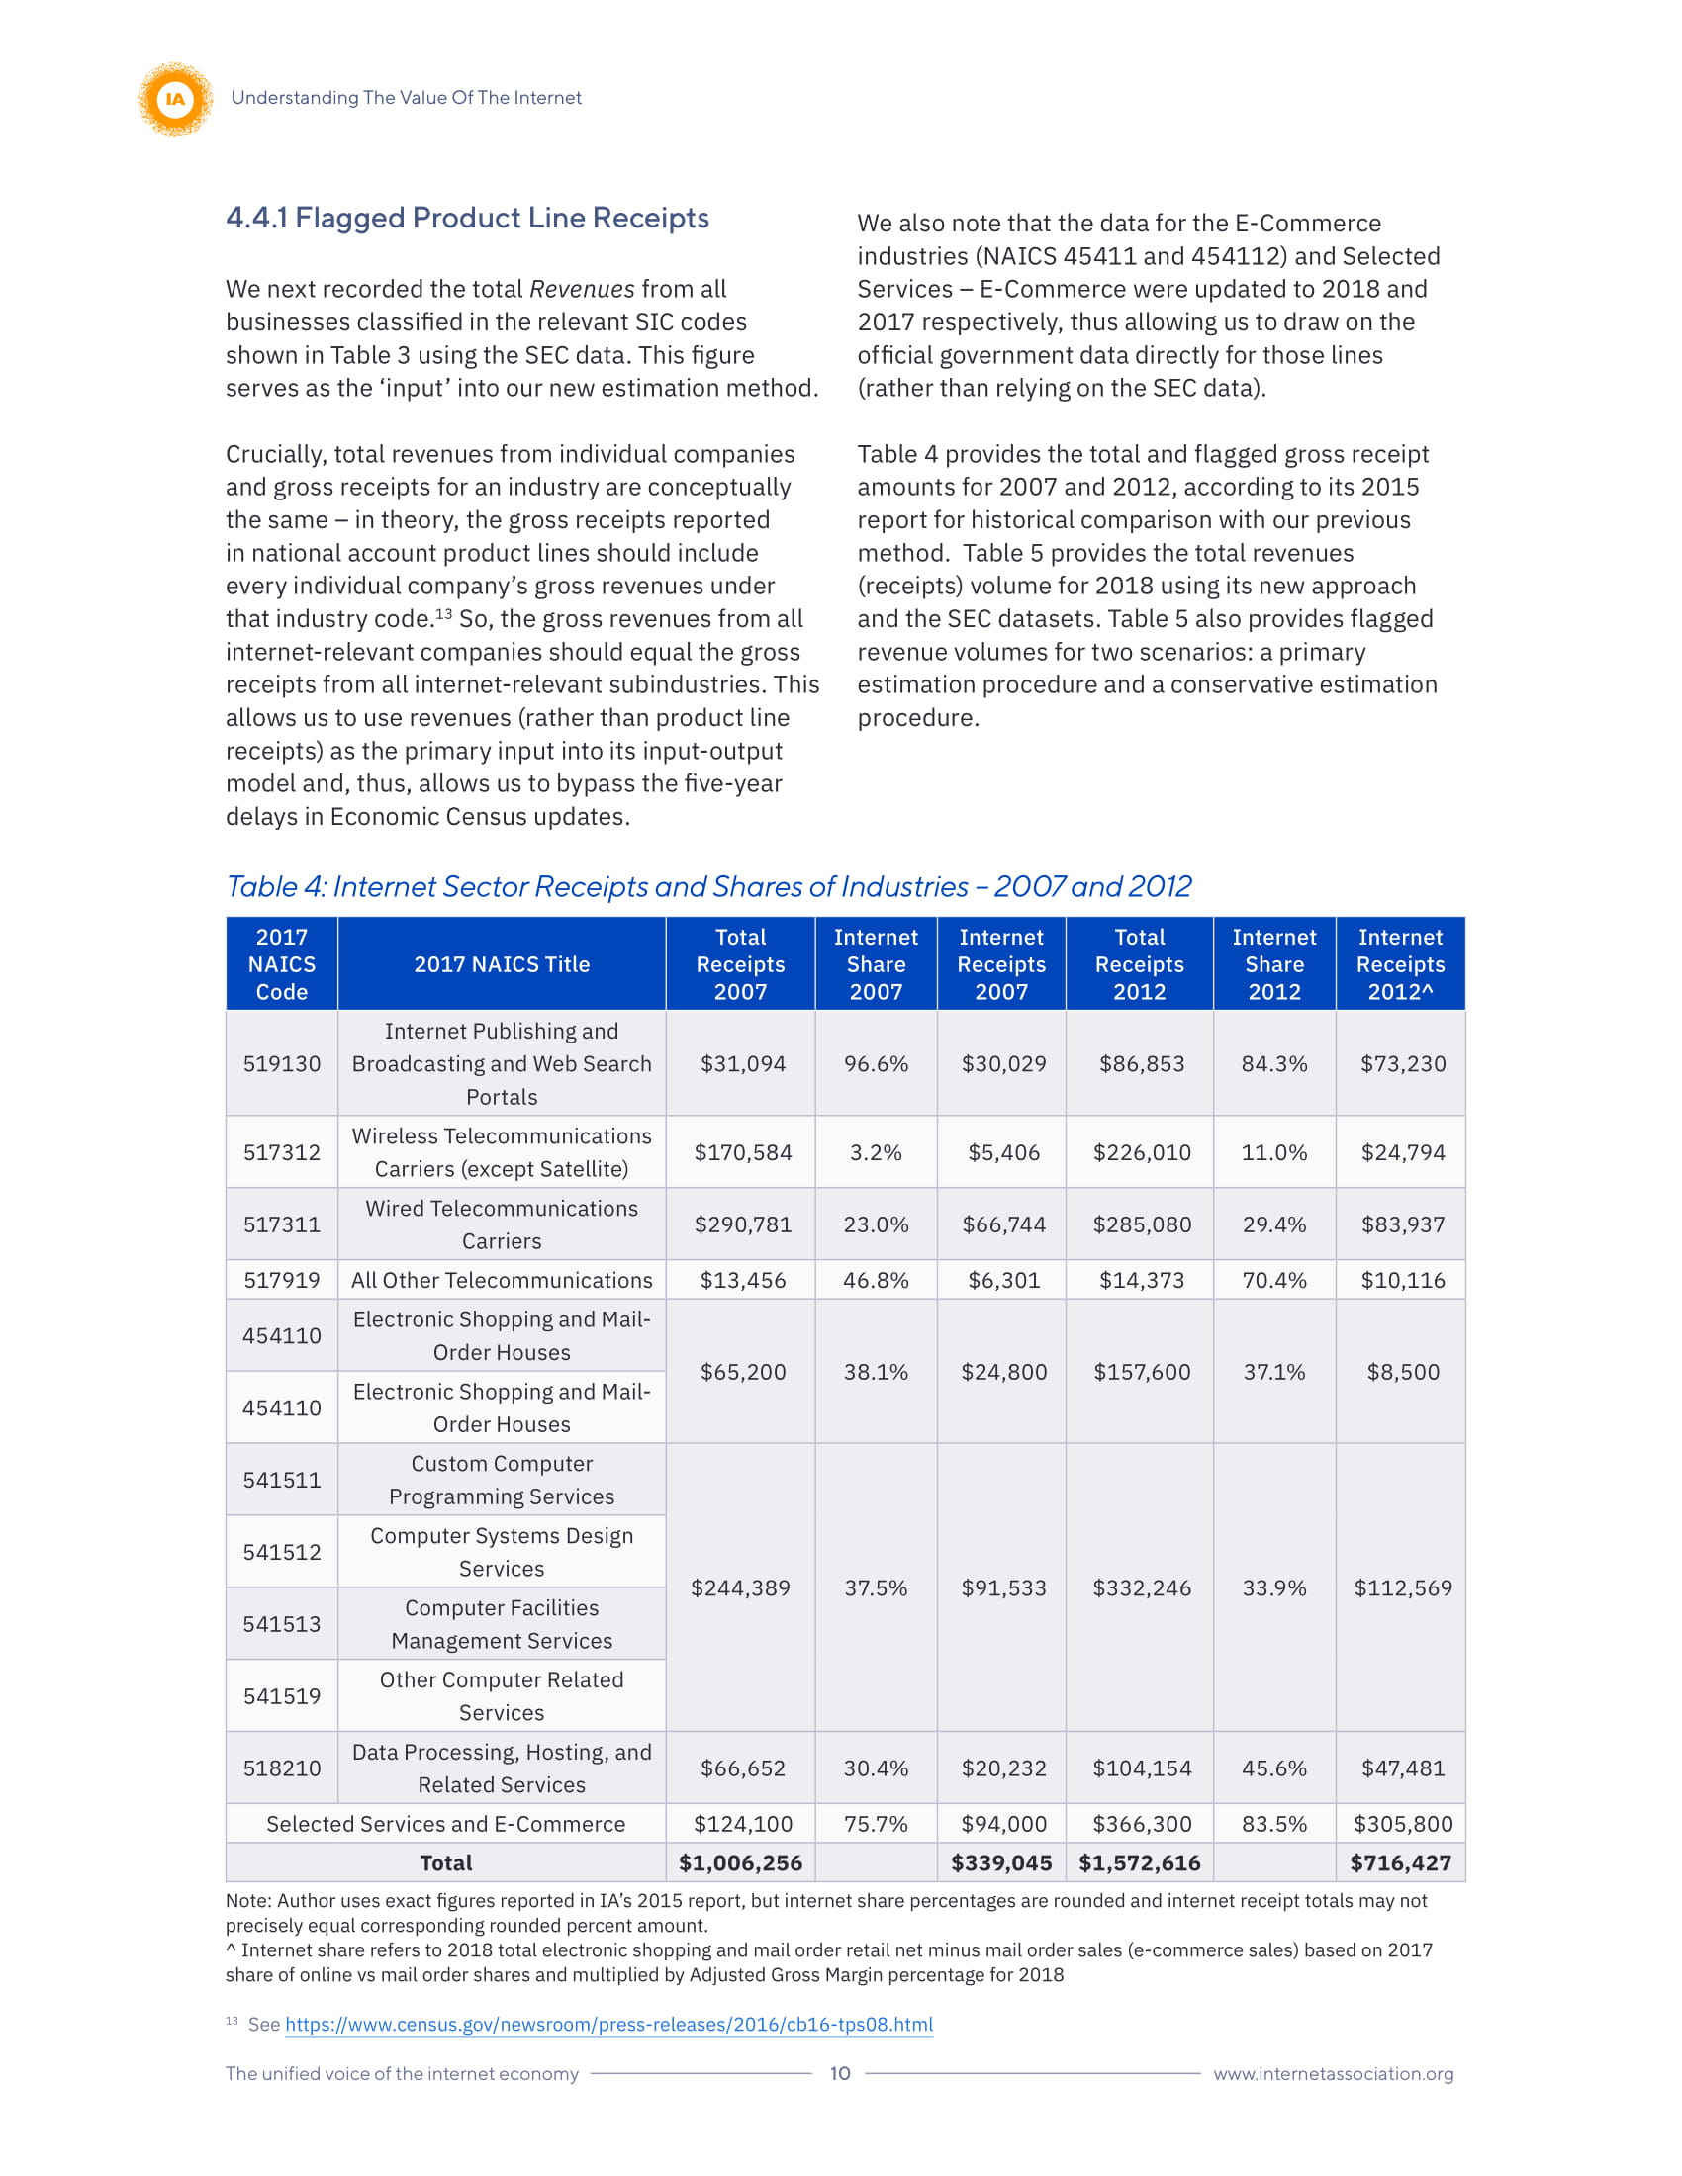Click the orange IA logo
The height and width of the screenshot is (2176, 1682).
pyautogui.click(x=175, y=99)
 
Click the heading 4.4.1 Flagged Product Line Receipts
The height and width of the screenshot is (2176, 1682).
pyautogui.click(x=466, y=218)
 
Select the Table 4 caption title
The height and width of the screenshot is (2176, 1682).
pyautogui.click(x=707, y=886)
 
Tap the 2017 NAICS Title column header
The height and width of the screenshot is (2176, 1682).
pyautogui.click(x=502, y=963)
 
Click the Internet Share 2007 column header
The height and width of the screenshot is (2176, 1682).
pyautogui.click(x=875, y=963)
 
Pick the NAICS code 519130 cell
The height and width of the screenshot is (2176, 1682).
pyautogui.click(x=282, y=1063)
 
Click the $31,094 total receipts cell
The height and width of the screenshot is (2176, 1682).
pyautogui.click(x=742, y=1063)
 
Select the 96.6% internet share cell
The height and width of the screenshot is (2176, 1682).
pyautogui.click(x=875, y=1063)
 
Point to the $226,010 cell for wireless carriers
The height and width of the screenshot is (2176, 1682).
pyautogui.click(x=1141, y=1151)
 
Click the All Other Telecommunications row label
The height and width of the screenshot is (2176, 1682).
pyautogui.click(x=502, y=1279)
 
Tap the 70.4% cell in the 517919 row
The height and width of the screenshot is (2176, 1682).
pyautogui.click(x=1273, y=1279)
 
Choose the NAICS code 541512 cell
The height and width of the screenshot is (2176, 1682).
pyautogui.click(x=282, y=1551)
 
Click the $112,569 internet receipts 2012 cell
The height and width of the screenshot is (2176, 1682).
pyautogui.click(x=1402, y=1587)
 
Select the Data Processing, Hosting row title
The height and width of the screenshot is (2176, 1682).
pyautogui.click(x=502, y=1768)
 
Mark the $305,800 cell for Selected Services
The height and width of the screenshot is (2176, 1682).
pyautogui.click(x=1402, y=1823)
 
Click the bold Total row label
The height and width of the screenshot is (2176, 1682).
pyautogui.click(x=445, y=1862)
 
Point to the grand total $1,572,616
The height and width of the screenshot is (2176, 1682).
pyautogui.click(x=1139, y=1862)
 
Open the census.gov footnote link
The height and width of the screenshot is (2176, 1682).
pyautogui.click(x=608, y=2024)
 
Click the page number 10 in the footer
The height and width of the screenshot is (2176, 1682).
pyautogui.click(x=840, y=2072)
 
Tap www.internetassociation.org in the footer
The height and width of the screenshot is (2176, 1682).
pyautogui.click(x=1333, y=2072)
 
